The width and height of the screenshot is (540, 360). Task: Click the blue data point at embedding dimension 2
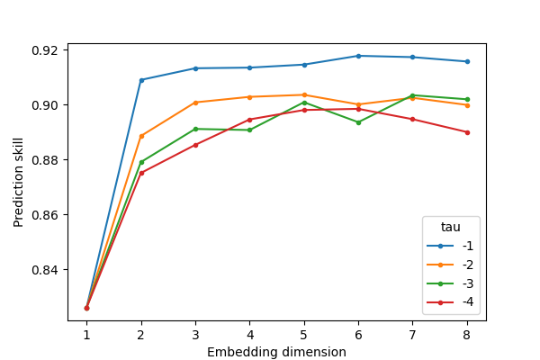(141, 80)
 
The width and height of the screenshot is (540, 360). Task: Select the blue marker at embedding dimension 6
(358, 56)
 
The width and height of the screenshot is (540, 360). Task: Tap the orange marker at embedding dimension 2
(141, 136)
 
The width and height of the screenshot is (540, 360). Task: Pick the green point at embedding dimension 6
(358, 122)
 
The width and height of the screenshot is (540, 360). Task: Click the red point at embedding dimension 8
(466, 132)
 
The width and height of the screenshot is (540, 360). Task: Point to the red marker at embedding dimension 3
(195, 145)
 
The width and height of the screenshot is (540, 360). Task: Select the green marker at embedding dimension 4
(249, 130)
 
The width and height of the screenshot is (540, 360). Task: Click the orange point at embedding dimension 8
(466, 105)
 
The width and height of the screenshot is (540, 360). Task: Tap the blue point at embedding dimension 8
(466, 61)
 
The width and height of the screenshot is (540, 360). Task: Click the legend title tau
(451, 228)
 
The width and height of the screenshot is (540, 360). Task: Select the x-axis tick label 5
(304, 335)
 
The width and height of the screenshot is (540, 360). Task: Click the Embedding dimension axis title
(276, 352)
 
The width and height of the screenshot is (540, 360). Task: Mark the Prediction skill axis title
(19, 183)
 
